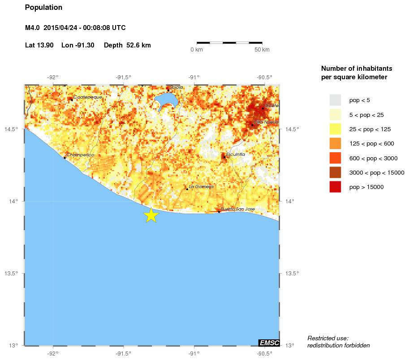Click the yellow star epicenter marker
click(x=151, y=215)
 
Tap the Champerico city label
click(x=80, y=154)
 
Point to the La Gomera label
click(x=201, y=186)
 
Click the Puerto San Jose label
click(x=238, y=209)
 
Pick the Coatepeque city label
click(x=87, y=97)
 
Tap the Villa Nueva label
click(x=266, y=122)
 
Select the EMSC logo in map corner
click(x=269, y=343)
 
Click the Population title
click(x=43, y=8)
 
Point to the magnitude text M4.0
click(x=33, y=28)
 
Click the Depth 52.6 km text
click(x=127, y=45)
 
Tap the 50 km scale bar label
click(x=262, y=50)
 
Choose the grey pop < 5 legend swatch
click(x=335, y=100)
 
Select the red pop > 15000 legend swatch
click(x=335, y=187)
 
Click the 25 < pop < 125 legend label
click(x=370, y=129)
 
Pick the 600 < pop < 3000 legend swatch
click(x=335, y=158)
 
